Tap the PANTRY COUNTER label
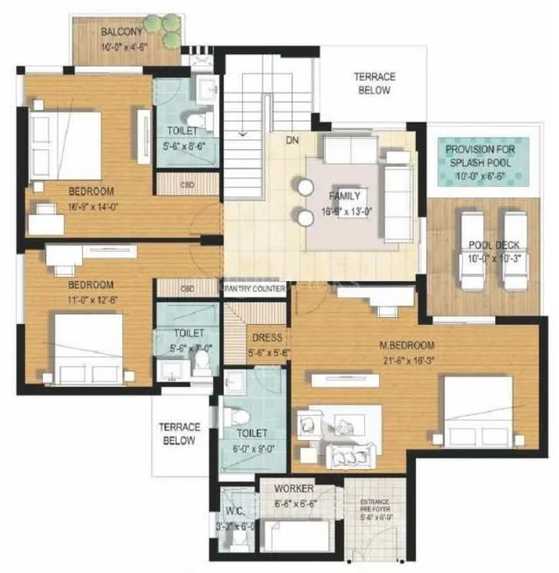(x=254, y=289)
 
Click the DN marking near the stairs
(x=293, y=139)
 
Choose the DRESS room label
(x=266, y=337)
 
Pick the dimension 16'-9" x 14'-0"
(x=92, y=208)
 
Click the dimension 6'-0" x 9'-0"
(x=252, y=449)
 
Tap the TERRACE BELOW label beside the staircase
(x=374, y=83)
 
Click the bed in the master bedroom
(x=475, y=411)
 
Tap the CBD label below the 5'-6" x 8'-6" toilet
(x=187, y=185)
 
